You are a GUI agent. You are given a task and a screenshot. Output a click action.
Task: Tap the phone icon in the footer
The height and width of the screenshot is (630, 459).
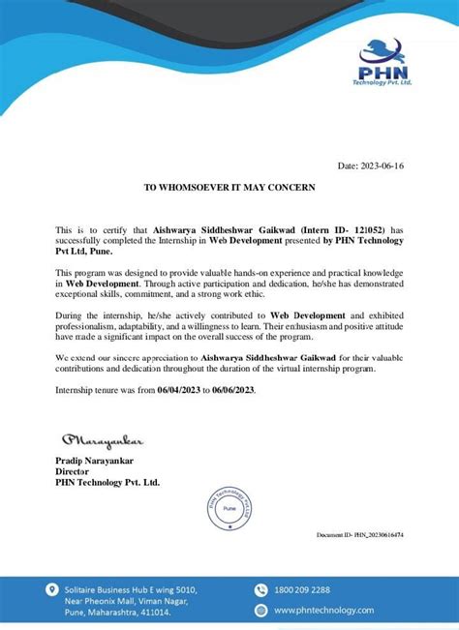(260, 588)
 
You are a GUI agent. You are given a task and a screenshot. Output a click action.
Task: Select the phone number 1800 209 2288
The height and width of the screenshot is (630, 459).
(302, 588)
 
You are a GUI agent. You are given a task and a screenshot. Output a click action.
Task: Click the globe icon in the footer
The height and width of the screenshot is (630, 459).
(260, 610)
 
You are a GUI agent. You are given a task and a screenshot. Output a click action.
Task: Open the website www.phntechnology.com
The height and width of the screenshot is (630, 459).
(323, 610)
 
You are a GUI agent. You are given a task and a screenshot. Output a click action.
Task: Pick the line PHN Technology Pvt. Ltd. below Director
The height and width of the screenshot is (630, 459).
(107, 482)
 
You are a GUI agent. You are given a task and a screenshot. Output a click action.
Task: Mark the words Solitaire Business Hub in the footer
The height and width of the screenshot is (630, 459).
(101, 588)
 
